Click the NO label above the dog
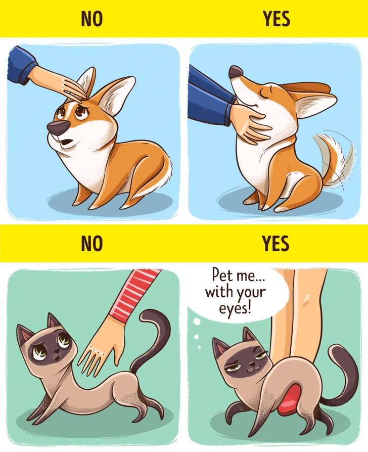tap(91, 19)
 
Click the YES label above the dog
tap(276, 19)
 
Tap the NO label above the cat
tap(91, 243)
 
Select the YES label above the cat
tap(275, 243)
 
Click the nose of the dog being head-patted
tap(57, 127)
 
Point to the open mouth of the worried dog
tap(67, 143)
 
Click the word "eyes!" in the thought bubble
tap(235, 308)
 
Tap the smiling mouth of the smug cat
tap(252, 368)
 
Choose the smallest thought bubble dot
tap(199, 348)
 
